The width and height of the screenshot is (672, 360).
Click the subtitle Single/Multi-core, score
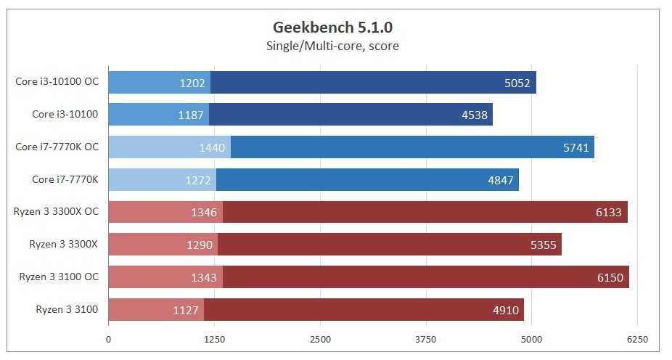point(333,46)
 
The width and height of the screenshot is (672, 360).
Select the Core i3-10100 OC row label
point(57,81)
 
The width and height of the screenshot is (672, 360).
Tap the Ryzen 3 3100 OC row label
point(59,277)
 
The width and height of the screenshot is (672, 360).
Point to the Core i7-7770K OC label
point(57,147)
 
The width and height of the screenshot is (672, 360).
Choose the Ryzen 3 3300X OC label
point(56,212)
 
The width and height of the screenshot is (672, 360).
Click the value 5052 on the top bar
point(517,83)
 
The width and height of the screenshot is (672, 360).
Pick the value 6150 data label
point(610,278)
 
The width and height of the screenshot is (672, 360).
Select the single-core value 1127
point(186,311)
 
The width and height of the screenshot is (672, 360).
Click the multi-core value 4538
point(474,115)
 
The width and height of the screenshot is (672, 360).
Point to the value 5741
point(575,147)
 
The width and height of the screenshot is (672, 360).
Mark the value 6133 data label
point(608,213)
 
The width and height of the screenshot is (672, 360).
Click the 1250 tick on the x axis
point(214,339)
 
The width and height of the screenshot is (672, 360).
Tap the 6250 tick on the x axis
point(637,339)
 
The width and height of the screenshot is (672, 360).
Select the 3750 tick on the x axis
point(426,339)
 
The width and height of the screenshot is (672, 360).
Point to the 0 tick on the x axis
point(109,339)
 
